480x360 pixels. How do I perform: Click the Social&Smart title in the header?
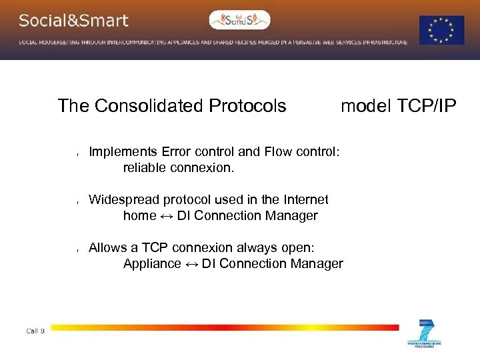[73, 20]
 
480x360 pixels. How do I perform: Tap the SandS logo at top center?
[240, 20]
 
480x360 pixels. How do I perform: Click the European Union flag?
[441, 31]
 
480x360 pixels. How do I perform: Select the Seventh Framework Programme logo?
[425, 334]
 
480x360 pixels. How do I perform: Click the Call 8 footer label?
[35, 331]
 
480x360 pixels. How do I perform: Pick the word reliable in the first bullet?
[144, 167]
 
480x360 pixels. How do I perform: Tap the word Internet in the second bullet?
[305, 199]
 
